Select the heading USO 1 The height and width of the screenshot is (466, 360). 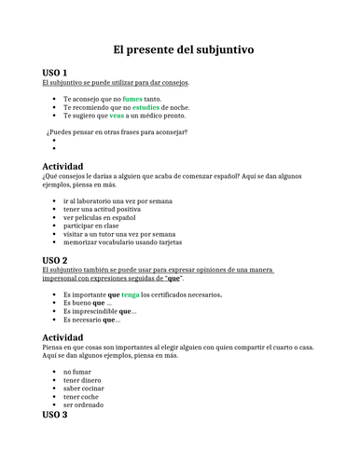[55, 72]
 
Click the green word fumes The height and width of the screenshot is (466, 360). [132, 98]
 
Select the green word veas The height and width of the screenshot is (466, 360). [117, 116]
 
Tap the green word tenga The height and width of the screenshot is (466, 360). [131, 294]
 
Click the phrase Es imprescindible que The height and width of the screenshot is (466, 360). [100, 311]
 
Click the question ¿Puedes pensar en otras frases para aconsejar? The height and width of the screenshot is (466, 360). [117, 131]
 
